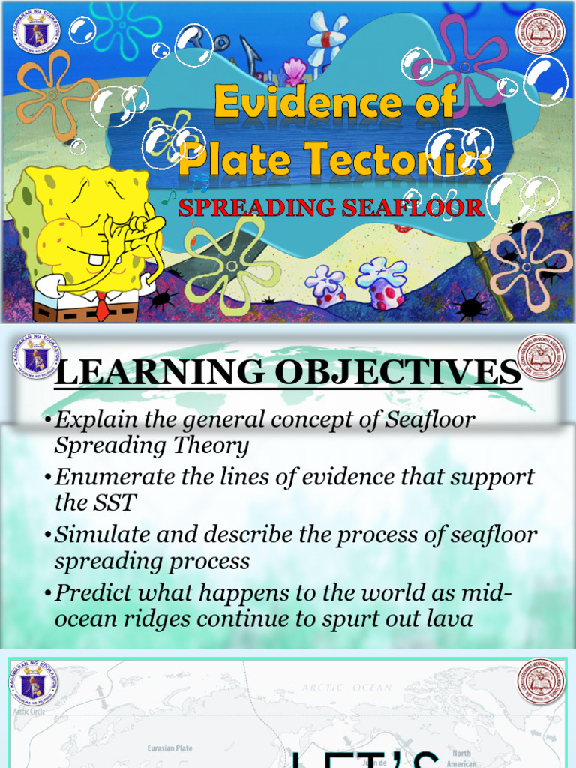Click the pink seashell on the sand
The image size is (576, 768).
pyautogui.click(x=294, y=72)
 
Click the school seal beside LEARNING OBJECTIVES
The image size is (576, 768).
pyautogui.click(x=540, y=357)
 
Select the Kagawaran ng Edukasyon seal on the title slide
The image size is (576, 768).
pyautogui.click(x=36, y=31)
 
